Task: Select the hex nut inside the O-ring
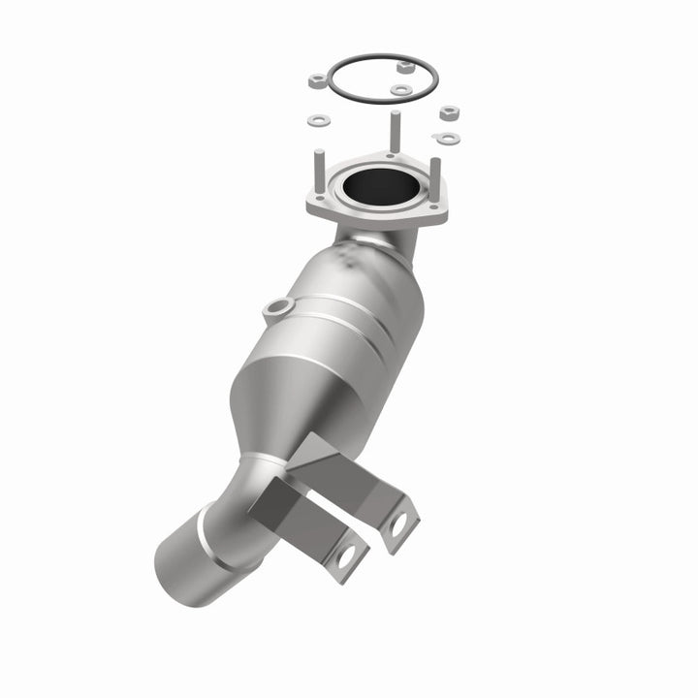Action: tap(404, 66)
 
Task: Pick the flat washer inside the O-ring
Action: tap(400, 89)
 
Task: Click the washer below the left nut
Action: tap(318, 119)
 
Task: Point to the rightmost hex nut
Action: tap(448, 113)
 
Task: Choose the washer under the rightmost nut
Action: tap(446, 139)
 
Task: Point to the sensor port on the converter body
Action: tap(276, 308)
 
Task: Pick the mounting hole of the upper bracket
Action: tap(398, 523)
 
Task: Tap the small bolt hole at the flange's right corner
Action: tap(435, 208)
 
